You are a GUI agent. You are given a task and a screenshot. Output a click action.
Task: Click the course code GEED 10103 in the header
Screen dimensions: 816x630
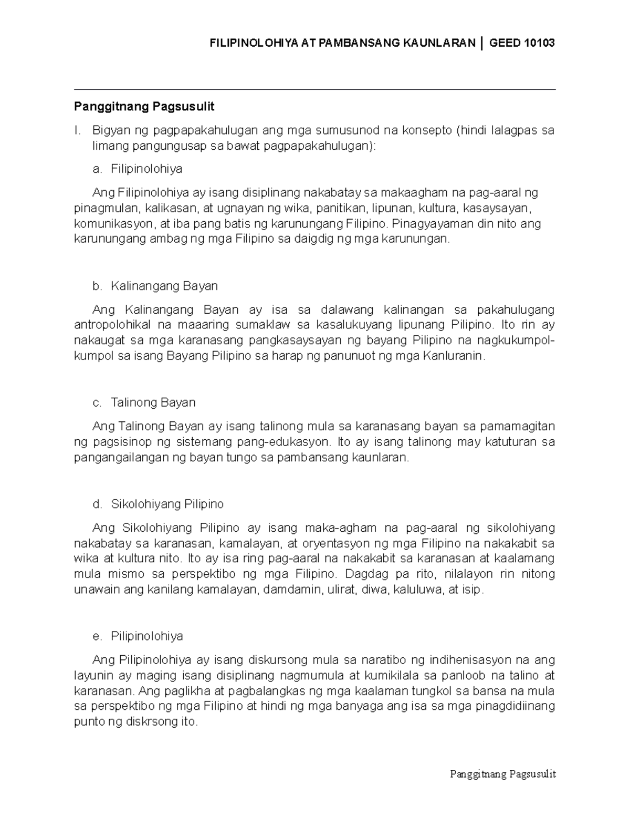point(521,43)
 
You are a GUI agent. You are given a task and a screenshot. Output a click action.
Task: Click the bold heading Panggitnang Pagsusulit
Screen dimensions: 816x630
point(144,107)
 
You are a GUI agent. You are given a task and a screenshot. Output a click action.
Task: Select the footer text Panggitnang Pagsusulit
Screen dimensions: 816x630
point(502,774)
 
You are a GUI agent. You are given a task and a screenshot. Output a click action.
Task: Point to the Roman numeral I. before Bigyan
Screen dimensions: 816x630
point(77,130)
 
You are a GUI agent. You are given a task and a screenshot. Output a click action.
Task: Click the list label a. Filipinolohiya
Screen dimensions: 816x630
point(137,169)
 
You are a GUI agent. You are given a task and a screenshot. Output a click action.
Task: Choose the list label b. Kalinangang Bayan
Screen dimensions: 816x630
point(154,286)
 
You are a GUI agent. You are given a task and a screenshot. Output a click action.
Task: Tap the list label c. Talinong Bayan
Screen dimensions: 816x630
point(143,402)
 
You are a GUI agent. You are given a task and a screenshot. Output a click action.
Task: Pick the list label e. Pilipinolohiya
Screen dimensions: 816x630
point(138,636)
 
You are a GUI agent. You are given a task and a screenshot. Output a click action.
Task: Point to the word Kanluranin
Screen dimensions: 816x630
point(451,356)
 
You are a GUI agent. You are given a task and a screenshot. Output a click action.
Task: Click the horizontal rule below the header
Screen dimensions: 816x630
point(314,90)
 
